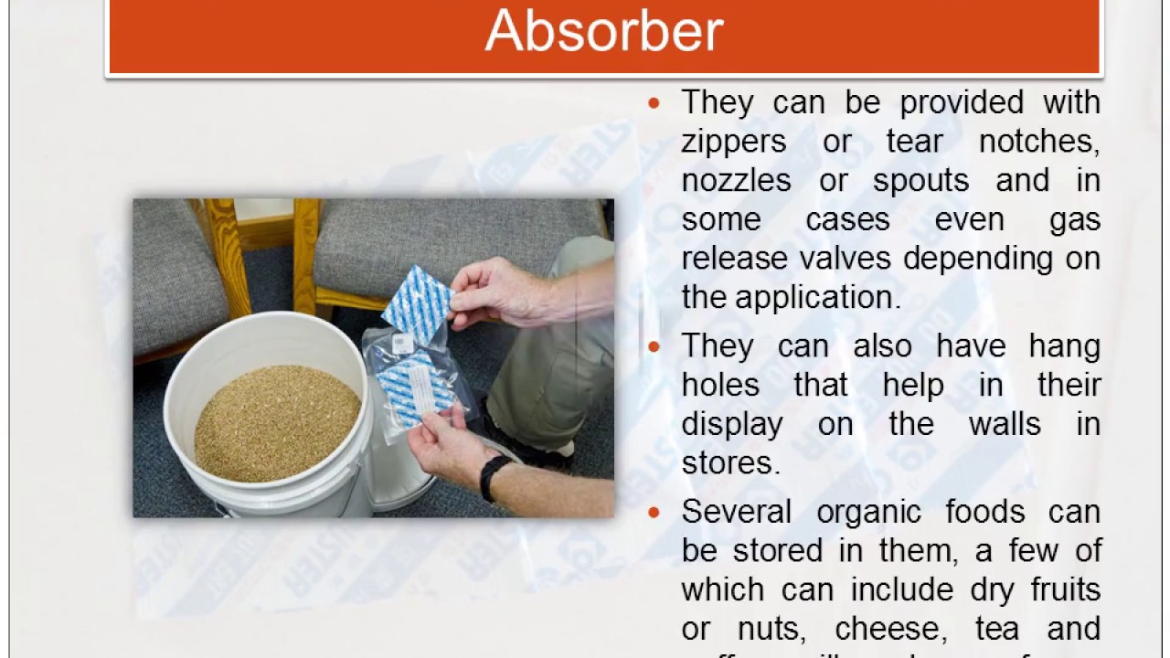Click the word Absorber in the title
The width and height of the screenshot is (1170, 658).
603,31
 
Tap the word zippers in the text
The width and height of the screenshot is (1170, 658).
733,142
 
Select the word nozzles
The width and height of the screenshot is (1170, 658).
736,181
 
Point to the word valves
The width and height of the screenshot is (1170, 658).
845,259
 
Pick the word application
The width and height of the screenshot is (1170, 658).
815,298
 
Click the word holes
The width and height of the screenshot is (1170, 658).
720,386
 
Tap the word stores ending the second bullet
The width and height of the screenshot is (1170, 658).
728,463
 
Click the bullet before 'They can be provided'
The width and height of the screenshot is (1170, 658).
654,103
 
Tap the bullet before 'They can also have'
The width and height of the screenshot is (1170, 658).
654,347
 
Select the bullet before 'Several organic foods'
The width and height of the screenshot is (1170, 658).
654,513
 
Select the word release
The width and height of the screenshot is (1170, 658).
735,259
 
